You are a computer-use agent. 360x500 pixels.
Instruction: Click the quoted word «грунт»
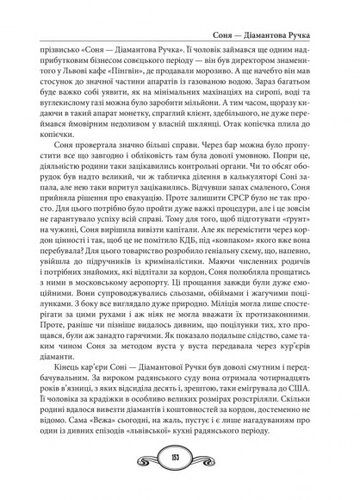287,206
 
